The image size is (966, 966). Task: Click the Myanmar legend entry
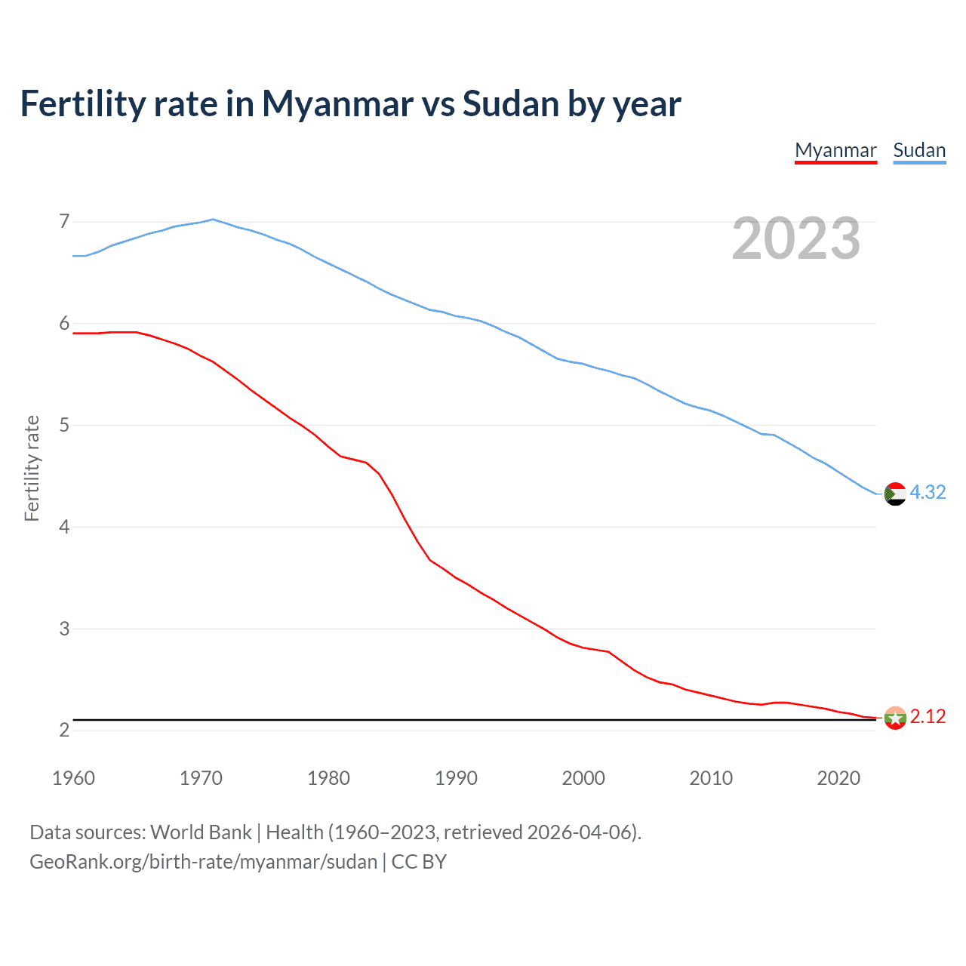835,150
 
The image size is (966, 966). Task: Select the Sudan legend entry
919,150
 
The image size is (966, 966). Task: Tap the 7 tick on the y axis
64,222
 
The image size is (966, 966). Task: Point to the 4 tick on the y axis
64,527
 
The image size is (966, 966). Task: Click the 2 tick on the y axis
64,730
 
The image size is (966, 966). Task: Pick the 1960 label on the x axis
73,778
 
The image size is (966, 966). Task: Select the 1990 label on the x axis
456,778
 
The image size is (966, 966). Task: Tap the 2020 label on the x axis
838,778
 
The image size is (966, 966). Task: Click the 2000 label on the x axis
583,778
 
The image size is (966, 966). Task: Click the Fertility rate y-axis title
32,468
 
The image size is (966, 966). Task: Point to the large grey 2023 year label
796,238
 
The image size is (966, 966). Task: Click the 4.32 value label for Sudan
928,492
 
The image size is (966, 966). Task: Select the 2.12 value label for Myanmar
928,716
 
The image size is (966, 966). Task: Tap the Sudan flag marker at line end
895,494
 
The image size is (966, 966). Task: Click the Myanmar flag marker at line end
895,718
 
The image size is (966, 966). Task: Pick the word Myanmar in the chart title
337,103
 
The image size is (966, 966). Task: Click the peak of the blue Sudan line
213,220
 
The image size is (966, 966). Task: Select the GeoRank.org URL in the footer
203,862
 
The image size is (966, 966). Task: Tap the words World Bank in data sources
201,832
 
